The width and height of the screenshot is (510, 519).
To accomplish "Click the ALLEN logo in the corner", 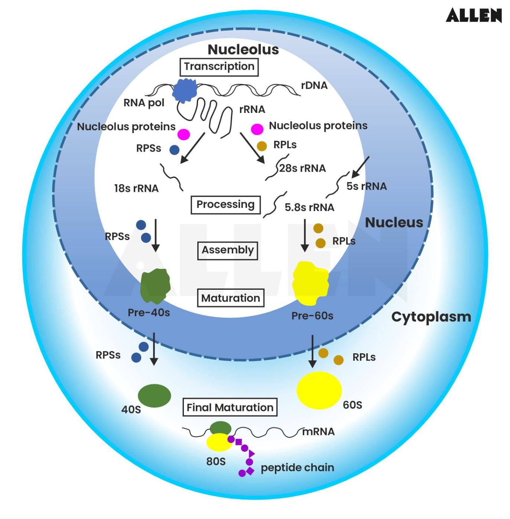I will [474, 15].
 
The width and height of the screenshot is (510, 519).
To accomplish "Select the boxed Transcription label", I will [219, 67].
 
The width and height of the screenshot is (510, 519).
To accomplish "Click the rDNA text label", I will [314, 85].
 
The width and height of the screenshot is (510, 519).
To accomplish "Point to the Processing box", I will [225, 205].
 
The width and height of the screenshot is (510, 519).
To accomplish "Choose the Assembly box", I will [228, 250].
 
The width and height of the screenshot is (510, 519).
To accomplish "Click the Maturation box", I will [230, 298].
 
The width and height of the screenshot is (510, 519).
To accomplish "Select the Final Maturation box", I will [230, 408].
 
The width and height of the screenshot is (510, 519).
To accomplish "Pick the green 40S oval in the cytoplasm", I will [155, 396].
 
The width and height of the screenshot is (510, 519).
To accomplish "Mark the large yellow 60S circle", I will [319, 390].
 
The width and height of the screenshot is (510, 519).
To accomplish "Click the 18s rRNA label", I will [136, 188].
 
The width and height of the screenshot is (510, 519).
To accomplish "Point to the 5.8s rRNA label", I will [309, 207].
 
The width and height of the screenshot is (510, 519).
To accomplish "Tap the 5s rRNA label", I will [367, 186].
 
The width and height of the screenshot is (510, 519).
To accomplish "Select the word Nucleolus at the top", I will [243, 49].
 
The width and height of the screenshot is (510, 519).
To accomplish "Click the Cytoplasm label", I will [431, 317].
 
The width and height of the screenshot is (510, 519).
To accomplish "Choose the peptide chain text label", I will [297, 467].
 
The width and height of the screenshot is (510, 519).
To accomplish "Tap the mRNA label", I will [319, 432].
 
